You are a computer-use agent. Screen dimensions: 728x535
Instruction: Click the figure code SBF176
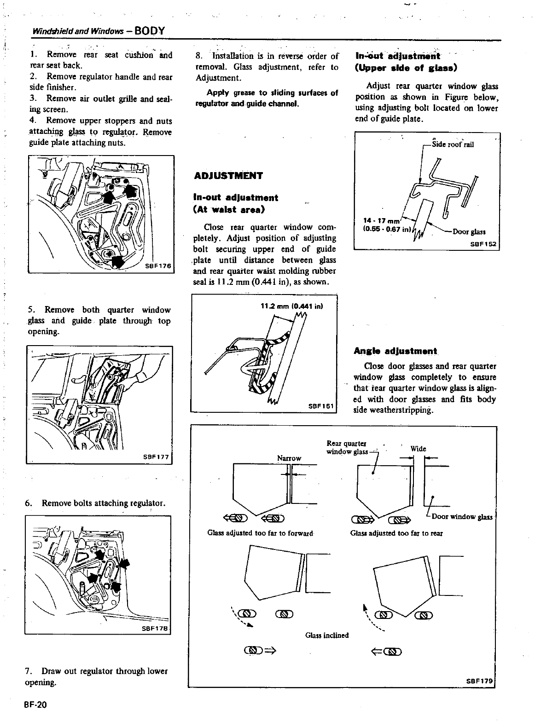coord(157,266)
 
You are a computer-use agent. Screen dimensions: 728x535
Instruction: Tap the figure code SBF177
coord(157,457)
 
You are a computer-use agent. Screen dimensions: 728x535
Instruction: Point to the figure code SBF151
coord(321,406)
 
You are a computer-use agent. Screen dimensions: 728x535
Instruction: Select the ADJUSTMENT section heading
coord(228,176)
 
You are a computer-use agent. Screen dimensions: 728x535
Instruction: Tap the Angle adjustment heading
coord(395,351)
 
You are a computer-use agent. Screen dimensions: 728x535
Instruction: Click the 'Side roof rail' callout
coord(453,144)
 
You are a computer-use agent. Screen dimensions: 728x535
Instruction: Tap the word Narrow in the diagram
coord(289,458)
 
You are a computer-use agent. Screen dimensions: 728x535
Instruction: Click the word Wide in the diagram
coord(418,449)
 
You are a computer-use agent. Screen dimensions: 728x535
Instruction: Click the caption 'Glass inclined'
coord(327,636)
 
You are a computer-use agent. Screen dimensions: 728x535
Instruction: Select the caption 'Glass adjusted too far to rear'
coord(396,533)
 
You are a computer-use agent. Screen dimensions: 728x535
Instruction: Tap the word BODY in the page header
coord(150,31)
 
